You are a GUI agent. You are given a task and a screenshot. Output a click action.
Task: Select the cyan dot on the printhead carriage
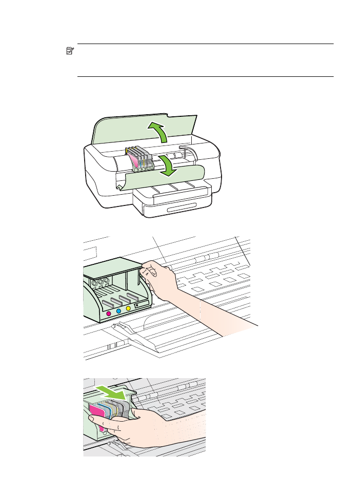click(x=118, y=310)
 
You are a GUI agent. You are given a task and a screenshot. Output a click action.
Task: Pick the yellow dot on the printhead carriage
click(x=128, y=308)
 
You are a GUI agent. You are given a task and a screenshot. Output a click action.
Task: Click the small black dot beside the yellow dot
click(x=136, y=306)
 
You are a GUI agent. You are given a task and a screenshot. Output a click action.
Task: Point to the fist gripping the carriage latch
click(x=159, y=277)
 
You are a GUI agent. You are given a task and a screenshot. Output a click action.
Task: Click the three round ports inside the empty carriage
click(x=101, y=281)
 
